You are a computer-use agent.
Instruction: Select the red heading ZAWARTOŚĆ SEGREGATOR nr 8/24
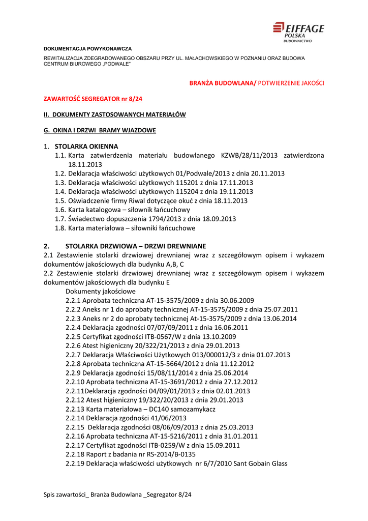click(93, 99)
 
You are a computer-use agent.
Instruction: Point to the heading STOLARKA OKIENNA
click(86, 146)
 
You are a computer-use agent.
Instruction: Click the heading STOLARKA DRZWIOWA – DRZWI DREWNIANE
click(136, 246)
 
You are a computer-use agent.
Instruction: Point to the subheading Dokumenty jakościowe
click(101, 292)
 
